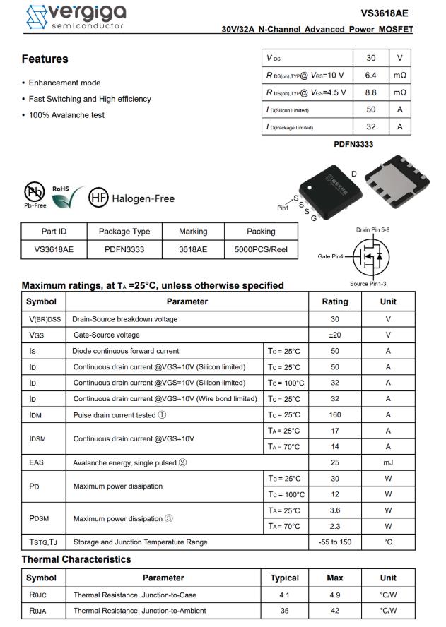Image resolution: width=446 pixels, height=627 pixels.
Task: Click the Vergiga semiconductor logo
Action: click(x=75, y=16)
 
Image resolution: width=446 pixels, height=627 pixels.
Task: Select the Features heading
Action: click(x=45, y=59)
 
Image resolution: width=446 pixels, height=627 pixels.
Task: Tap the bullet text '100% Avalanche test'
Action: click(x=66, y=115)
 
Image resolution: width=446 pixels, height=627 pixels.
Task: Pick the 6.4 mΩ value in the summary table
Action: click(x=371, y=76)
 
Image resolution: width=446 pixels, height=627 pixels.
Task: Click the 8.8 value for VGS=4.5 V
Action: click(x=371, y=92)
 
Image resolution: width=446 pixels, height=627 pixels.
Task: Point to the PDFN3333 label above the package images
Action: click(x=353, y=144)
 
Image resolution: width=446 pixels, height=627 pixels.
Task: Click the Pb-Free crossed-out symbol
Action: click(x=34, y=192)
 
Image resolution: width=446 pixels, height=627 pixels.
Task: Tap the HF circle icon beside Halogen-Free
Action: click(x=98, y=198)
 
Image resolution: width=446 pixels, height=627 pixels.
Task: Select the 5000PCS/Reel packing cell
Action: click(x=261, y=249)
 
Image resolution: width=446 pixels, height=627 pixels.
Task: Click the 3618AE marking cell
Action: click(x=193, y=249)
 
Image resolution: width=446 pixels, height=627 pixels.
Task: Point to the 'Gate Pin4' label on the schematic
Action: click(x=330, y=256)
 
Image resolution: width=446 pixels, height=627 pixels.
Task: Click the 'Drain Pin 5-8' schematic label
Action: click(x=373, y=230)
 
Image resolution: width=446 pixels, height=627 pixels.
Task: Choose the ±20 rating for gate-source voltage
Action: click(x=335, y=335)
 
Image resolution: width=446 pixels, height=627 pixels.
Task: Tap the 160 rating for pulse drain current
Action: click(x=335, y=414)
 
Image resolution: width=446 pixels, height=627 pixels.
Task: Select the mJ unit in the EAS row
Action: click(x=388, y=462)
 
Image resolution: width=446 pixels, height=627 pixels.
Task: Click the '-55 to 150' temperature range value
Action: click(x=335, y=542)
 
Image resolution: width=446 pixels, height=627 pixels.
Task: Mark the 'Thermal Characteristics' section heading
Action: click(x=76, y=559)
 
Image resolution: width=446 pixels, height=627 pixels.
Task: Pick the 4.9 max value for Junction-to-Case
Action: click(x=335, y=595)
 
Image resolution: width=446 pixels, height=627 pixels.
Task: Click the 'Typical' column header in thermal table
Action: click(x=284, y=578)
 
